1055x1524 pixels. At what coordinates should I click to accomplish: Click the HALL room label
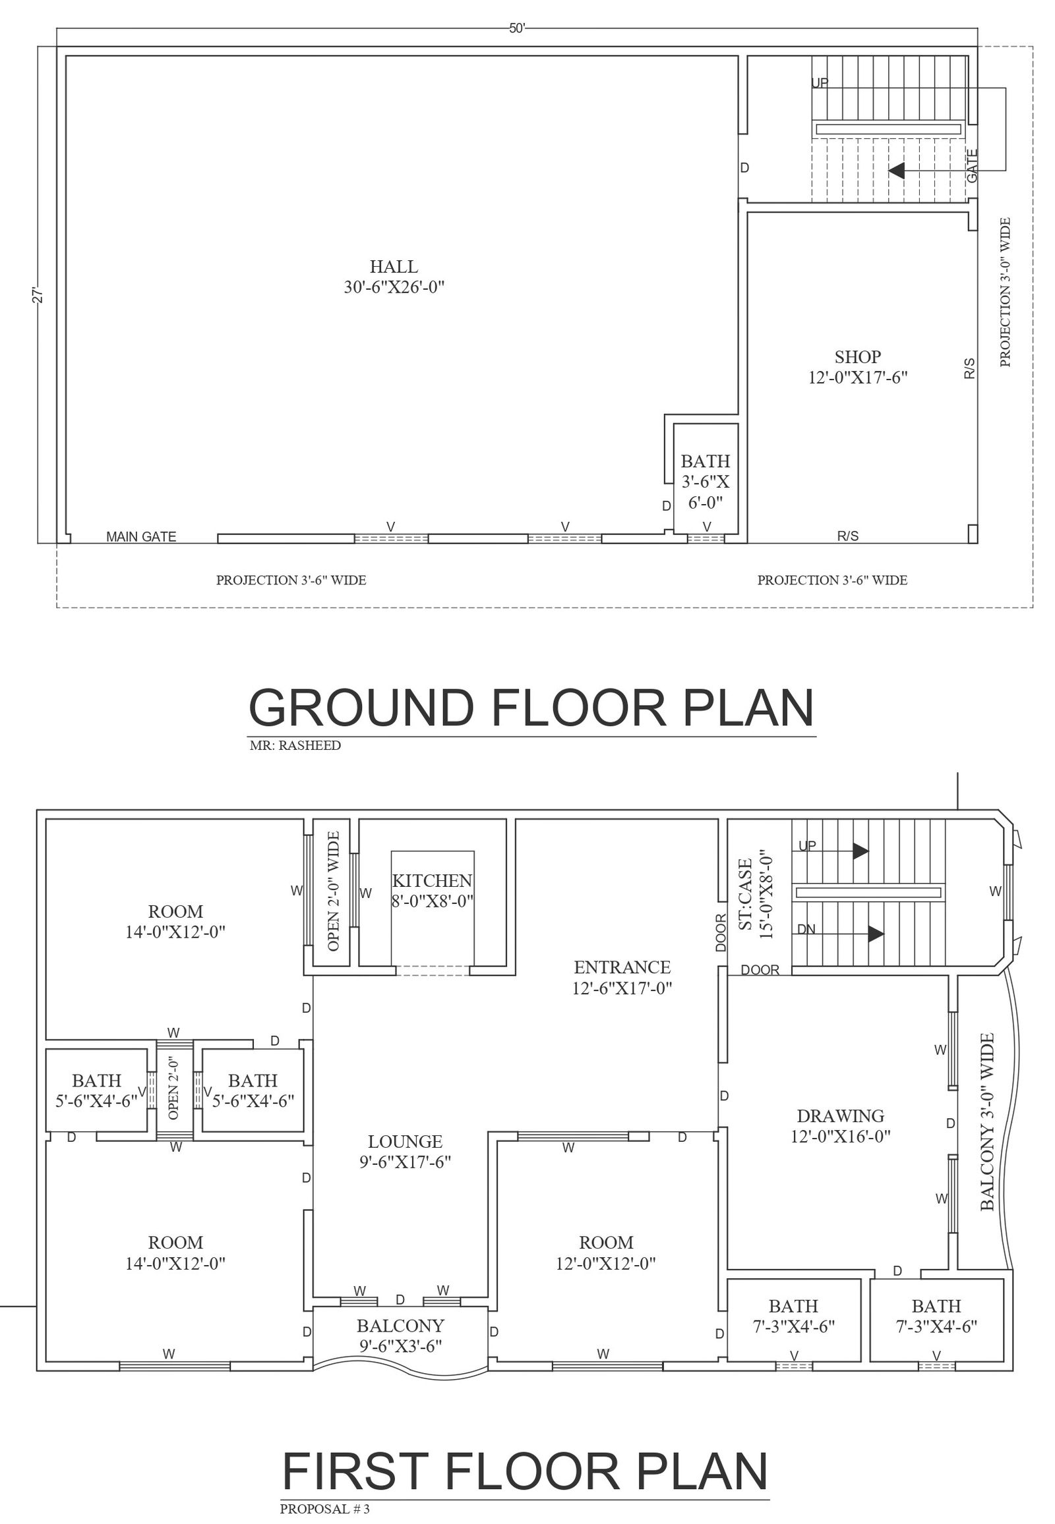pyautogui.click(x=393, y=266)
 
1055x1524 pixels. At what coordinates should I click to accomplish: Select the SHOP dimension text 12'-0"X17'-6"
pyautogui.click(x=857, y=378)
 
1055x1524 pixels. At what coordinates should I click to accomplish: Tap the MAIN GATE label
pyautogui.click(x=141, y=536)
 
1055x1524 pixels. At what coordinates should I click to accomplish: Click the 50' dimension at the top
pyautogui.click(x=517, y=28)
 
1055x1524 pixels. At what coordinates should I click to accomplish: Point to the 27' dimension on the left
pyautogui.click(x=38, y=295)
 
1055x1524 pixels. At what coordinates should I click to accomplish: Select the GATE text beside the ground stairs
pyautogui.click(x=972, y=167)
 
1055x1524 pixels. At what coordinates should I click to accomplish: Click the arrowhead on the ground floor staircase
pyautogui.click(x=896, y=171)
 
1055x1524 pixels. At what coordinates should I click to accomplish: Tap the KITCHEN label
pyautogui.click(x=432, y=880)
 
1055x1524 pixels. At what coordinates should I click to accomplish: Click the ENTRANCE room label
pyautogui.click(x=622, y=967)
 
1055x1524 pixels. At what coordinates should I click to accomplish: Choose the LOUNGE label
pyautogui.click(x=405, y=1141)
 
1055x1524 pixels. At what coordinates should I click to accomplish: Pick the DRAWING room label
pyautogui.click(x=840, y=1115)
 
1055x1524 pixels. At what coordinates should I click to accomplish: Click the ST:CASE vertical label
pyautogui.click(x=745, y=894)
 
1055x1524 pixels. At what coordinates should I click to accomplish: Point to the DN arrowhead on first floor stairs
pyautogui.click(x=875, y=934)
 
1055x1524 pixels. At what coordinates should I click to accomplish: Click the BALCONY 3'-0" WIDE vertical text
pyautogui.click(x=987, y=1121)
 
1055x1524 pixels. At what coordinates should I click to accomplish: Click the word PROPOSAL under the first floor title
pyautogui.click(x=307, y=1509)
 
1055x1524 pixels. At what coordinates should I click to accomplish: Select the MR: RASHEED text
pyautogui.click(x=295, y=745)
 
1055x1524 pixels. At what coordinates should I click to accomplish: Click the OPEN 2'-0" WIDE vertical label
pyautogui.click(x=333, y=891)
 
